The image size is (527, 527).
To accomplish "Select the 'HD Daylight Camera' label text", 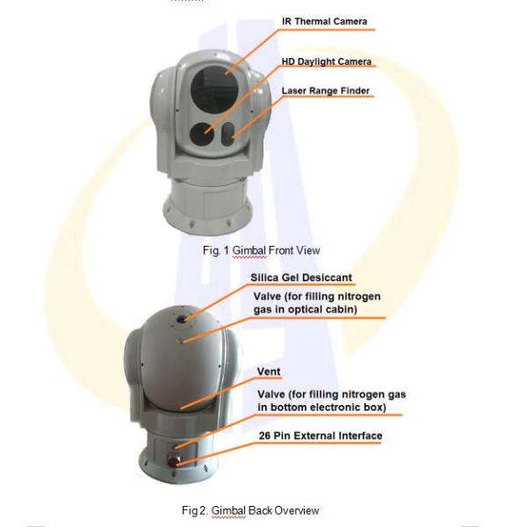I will pos(327,62).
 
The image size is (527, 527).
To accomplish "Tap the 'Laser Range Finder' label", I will pos(326,90).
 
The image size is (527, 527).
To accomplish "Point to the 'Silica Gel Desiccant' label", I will pos(301,278).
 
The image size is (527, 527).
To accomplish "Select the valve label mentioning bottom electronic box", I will pos(331,401).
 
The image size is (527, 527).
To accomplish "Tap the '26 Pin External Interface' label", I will pos(319,436).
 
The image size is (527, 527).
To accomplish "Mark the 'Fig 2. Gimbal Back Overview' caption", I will pos(250,510).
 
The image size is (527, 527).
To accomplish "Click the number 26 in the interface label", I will pos(264,436).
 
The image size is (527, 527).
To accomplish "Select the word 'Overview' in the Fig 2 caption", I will pos(296,510).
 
